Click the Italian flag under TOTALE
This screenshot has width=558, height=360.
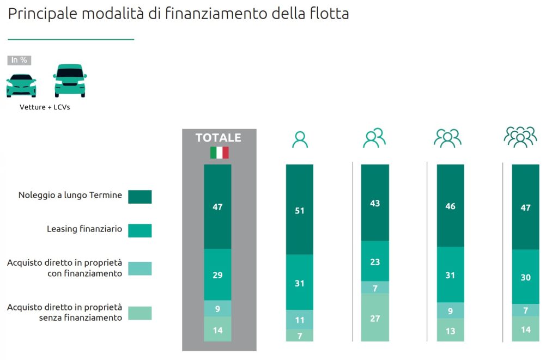click(x=219, y=152)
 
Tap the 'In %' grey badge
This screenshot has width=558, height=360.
click(x=19, y=60)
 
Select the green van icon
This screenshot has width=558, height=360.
click(x=70, y=81)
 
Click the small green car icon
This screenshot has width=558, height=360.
click(x=21, y=86)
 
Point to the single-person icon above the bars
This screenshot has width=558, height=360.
click(x=300, y=139)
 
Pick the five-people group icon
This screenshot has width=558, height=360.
click(x=520, y=137)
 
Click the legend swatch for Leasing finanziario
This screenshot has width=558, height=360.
click(x=139, y=230)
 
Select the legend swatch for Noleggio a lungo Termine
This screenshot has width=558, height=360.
click(x=139, y=196)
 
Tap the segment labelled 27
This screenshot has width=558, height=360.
click(x=375, y=318)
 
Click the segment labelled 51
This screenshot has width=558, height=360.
click(x=300, y=210)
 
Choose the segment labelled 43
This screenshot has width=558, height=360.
click(x=375, y=203)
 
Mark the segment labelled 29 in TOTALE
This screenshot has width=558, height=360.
click(x=217, y=274)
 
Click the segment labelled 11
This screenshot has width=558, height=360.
click(x=300, y=320)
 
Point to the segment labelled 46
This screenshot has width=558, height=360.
click(x=450, y=206)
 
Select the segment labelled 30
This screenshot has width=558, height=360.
click(x=525, y=277)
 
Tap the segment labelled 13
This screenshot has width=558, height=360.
click(x=450, y=330)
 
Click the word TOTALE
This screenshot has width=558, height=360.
click(x=218, y=138)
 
